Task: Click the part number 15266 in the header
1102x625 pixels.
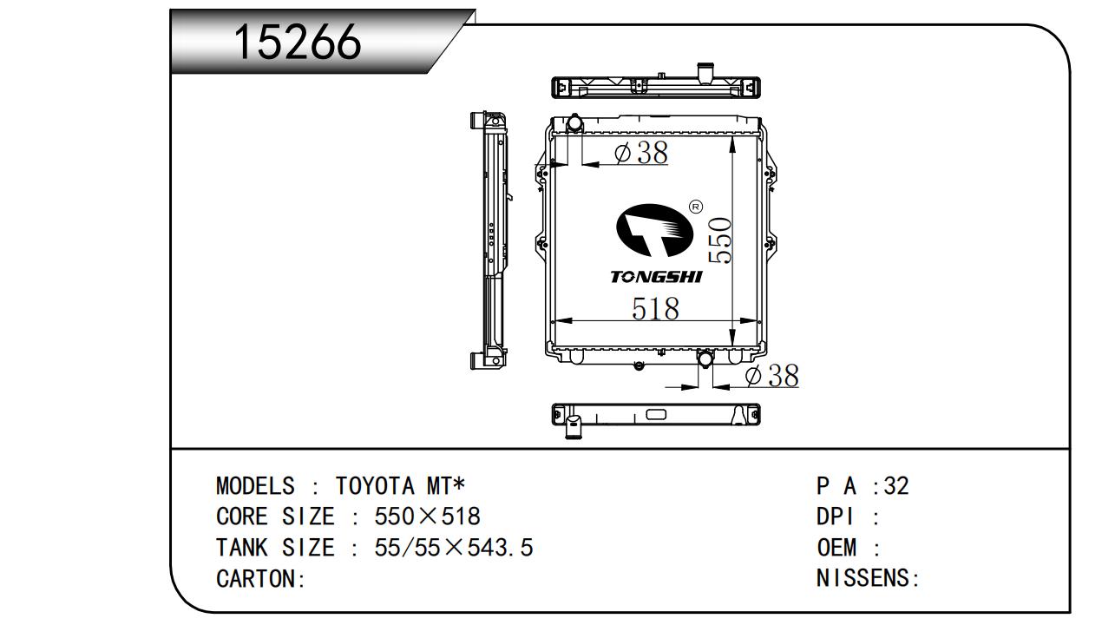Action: coord(298,42)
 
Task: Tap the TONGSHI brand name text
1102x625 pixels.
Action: coord(656,277)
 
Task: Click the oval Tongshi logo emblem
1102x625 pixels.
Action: coord(655,230)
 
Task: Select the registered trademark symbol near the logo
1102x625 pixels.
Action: coord(696,207)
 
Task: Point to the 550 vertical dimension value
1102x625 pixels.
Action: coord(719,240)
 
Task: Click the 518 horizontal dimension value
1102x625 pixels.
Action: coord(655,308)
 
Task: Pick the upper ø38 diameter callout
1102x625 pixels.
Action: coord(641,152)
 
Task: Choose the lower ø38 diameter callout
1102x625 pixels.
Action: coord(772,376)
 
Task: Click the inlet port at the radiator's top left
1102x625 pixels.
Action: coord(574,122)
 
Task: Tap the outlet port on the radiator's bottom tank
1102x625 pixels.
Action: coord(705,358)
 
